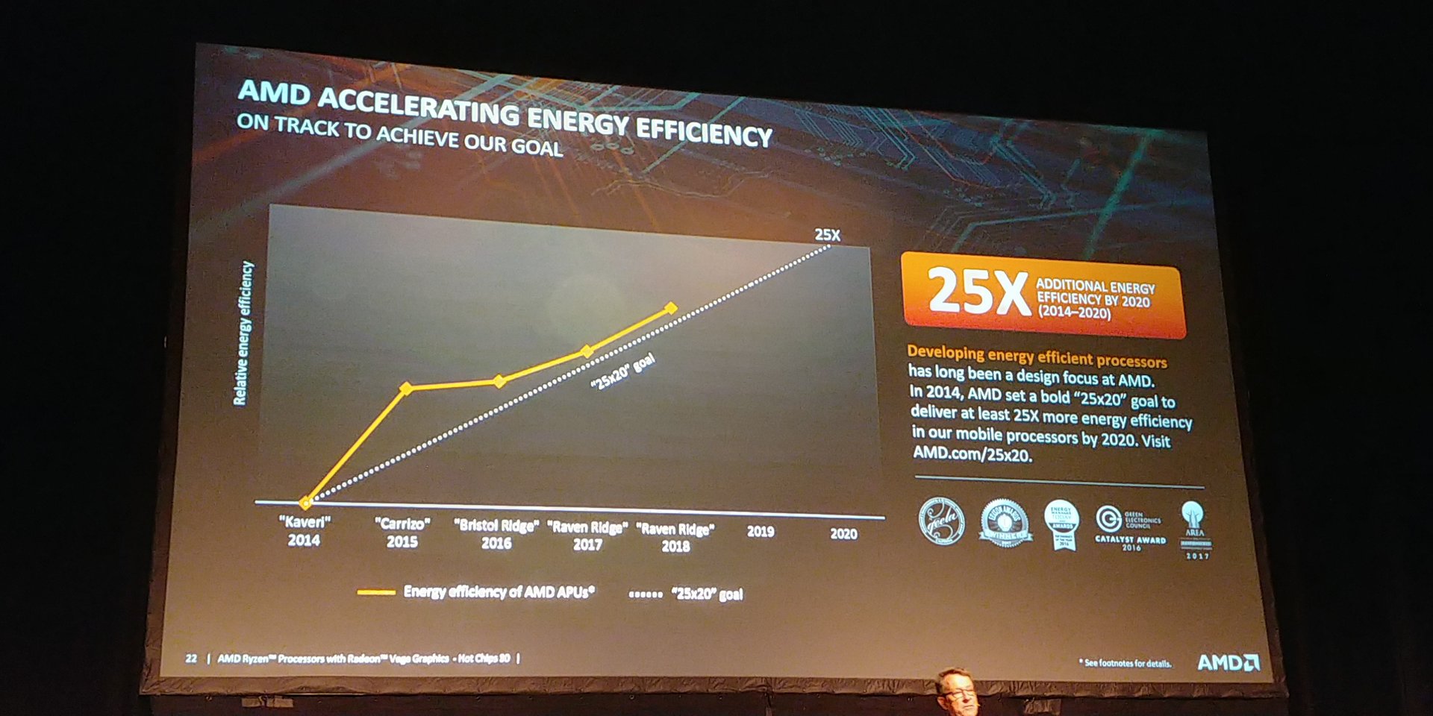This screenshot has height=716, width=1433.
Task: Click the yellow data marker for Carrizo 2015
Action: [x=406, y=388]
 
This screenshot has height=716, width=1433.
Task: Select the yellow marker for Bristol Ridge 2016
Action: [x=499, y=381]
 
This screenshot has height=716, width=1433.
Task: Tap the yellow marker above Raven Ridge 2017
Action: [x=587, y=351]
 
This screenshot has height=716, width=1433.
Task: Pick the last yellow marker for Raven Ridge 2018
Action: [x=671, y=308]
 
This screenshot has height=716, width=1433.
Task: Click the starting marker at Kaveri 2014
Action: [x=305, y=503]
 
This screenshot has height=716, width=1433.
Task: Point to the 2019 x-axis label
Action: [x=761, y=532]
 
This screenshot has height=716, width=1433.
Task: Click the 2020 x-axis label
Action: [x=843, y=534]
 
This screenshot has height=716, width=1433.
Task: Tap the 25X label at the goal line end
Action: [x=827, y=235]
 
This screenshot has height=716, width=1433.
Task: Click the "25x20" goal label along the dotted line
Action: [x=622, y=371]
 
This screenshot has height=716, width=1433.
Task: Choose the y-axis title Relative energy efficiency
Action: [x=243, y=333]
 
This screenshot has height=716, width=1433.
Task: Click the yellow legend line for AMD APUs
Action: [x=376, y=592]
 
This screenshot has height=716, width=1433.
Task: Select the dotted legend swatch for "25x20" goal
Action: [x=646, y=594]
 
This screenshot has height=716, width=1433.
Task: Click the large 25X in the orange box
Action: [x=978, y=292]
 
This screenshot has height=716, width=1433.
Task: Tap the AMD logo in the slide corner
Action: [x=1228, y=662]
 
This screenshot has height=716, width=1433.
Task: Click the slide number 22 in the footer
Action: [x=191, y=658]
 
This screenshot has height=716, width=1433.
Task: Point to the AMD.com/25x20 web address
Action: [x=972, y=453]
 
